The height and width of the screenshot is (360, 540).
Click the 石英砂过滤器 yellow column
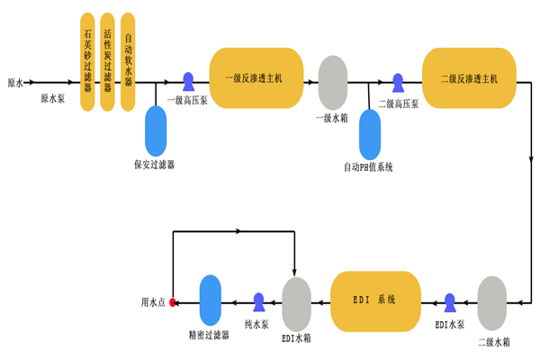click(87, 61)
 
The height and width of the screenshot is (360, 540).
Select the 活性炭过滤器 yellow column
click(108, 61)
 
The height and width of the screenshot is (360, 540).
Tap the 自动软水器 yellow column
click(128, 61)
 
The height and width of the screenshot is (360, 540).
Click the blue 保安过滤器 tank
click(156, 130)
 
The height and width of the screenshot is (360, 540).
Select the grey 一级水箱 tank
click(333, 82)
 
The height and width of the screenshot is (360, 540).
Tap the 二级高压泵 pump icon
click(398, 82)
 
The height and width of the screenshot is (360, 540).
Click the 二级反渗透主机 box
click(469, 79)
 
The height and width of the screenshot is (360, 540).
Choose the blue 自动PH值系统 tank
click(370, 135)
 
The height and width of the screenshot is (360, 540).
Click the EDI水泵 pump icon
click(450, 301)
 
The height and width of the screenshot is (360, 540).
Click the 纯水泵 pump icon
click(258, 301)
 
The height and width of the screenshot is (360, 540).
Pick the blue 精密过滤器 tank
click(210, 301)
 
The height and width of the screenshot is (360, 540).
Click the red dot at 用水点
click(172, 303)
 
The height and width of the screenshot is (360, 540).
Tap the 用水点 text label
click(153, 303)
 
